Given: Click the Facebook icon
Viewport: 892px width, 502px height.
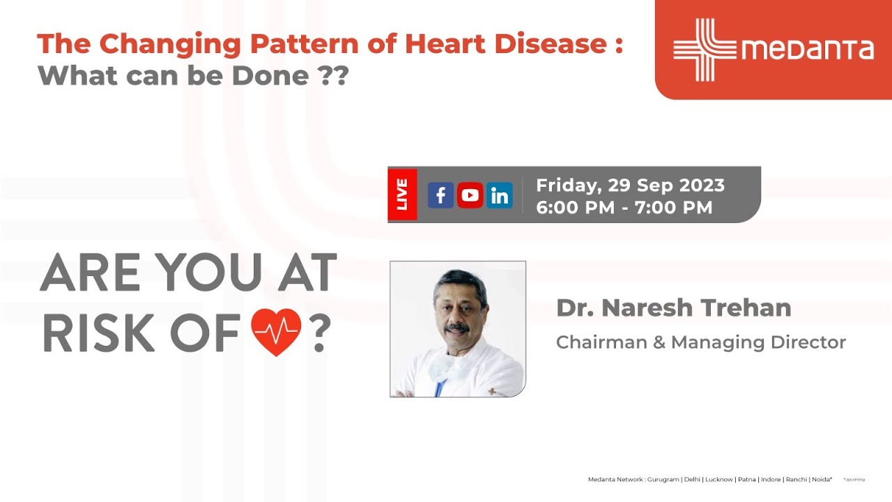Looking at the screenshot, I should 440,196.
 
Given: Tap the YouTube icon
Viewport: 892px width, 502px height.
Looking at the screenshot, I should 470,196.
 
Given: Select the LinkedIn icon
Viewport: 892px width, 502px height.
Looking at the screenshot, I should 500,196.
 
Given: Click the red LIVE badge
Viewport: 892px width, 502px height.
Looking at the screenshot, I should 402,195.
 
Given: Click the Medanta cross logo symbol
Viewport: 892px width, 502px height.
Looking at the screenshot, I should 703,50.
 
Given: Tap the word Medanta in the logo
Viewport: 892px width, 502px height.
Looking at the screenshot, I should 807,50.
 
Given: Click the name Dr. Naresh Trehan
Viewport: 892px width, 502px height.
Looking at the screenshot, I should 673,307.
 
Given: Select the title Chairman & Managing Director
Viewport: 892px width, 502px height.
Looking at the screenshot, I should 700,342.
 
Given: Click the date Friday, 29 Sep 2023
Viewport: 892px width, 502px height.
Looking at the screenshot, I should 630,185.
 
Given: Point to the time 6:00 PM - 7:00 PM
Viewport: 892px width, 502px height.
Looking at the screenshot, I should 624,208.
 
